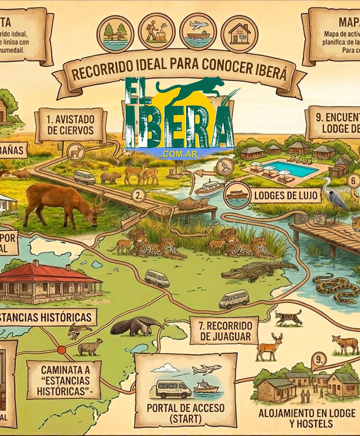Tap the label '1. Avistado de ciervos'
[70, 125]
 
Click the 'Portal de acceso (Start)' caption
[186, 413]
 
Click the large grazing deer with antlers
[64, 204]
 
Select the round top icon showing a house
[239, 33]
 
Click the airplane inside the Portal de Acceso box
[206, 370]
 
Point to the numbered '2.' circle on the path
[138, 195]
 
